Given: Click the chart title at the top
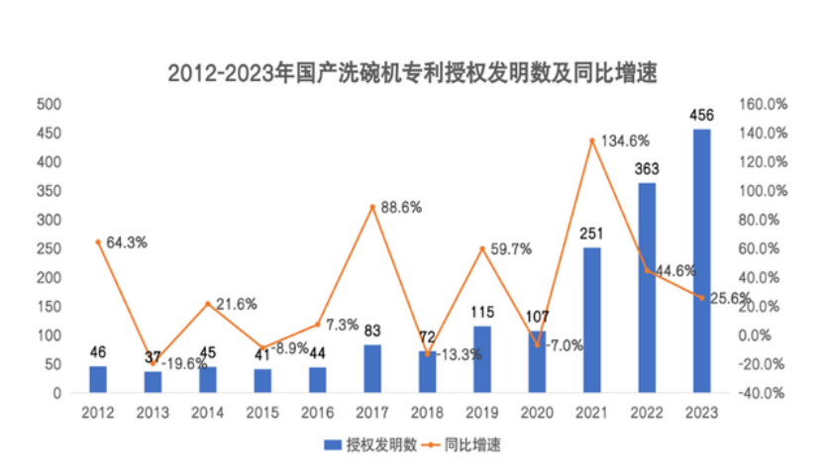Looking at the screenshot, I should click(412, 72).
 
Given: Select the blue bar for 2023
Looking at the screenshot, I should click(701, 261).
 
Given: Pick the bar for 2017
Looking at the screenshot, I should click(372, 368).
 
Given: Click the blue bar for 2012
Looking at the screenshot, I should click(98, 379).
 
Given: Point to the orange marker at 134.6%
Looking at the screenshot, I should click(592, 141).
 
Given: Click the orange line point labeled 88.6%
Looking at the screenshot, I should click(372, 207).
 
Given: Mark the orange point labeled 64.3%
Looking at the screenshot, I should click(98, 241).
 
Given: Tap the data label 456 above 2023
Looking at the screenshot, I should click(702, 115).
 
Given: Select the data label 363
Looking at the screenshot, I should click(647, 168).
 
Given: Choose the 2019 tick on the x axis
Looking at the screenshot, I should click(482, 410).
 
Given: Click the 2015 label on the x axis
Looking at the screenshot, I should click(262, 410).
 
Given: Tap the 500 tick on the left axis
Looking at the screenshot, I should click(49, 104).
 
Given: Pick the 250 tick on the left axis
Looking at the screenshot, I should click(49, 248).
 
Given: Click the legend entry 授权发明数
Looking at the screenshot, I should click(367, 445).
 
